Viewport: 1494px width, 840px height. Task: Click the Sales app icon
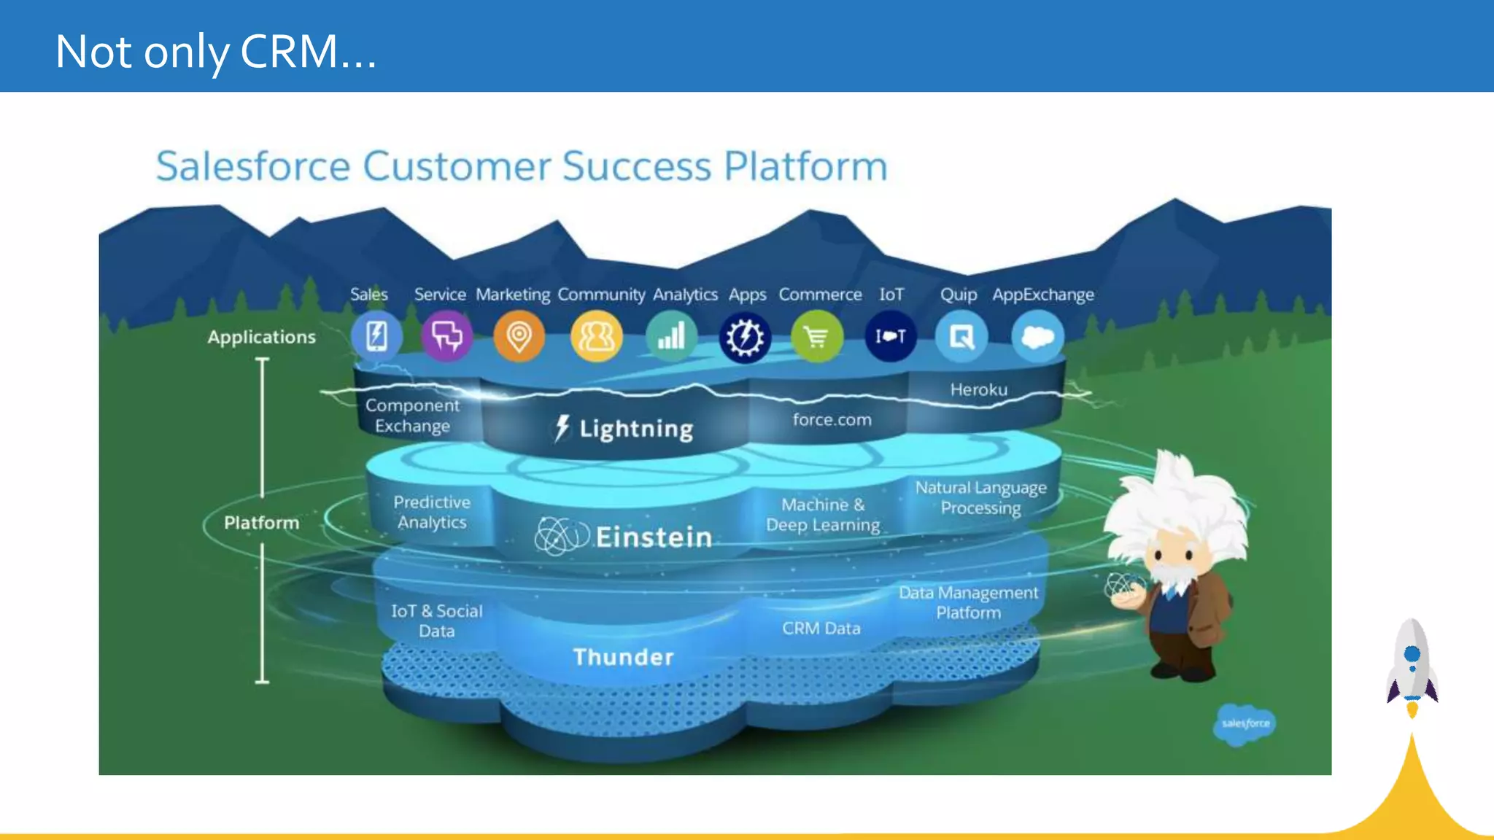tap(376, 336)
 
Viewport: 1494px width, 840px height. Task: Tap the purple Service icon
tap(446, 336)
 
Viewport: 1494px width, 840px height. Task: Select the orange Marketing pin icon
tap(519, 336)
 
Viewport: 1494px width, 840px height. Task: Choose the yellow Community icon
tap(596, 336)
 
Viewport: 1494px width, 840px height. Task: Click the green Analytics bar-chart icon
tap(671, 336)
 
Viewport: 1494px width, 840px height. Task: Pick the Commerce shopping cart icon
tap(817, 336)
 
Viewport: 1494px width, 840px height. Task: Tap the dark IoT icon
tap(891, 336)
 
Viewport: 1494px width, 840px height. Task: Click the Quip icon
tap(961, 336)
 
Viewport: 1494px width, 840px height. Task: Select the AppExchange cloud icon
tap(1037, 336)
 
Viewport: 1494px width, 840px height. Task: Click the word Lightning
tap(635, 429)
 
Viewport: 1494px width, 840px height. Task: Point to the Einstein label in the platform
tap(654, 537)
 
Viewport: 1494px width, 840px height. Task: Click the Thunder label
tap(623, 657)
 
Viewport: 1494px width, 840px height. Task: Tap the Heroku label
tap(978, 390)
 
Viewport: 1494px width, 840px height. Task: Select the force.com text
tap(832, 419)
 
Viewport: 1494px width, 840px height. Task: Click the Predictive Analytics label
tap(432, 512)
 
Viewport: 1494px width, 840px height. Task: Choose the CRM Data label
tap(821, 629)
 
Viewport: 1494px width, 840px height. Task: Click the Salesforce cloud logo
tap(1245, 723)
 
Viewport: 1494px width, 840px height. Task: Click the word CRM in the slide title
tap(290, 52)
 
